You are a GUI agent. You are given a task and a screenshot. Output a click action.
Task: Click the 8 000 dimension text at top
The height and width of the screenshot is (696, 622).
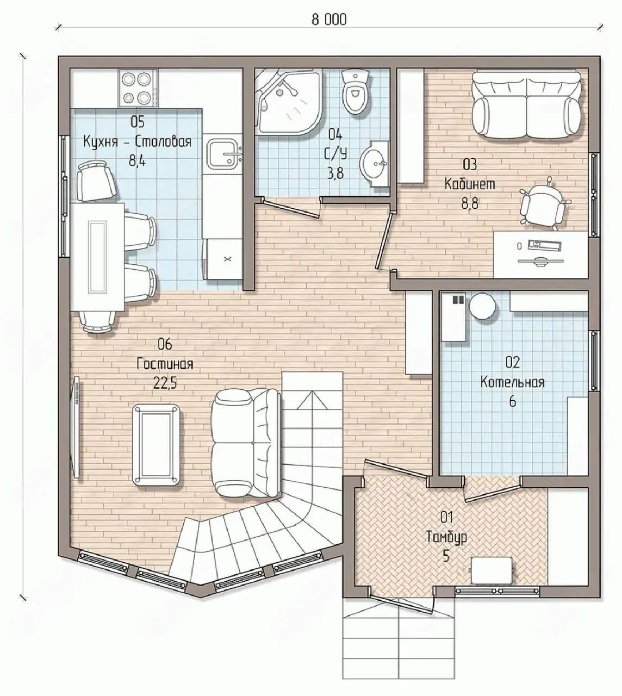pyautogui.click(x=329, y=20)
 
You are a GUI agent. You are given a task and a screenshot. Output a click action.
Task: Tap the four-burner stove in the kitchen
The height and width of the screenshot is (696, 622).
pyautogui.click(x=139, y=88)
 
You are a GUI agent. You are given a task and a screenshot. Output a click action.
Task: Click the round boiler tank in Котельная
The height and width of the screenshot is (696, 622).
pyautogui.click(x=483, y=307)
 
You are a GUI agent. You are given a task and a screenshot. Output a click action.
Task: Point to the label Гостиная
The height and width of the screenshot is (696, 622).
pyautogui.click(x=165, y=364)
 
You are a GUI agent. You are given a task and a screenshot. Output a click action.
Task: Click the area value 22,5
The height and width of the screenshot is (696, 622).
pyautogui.click(x=165, y=383)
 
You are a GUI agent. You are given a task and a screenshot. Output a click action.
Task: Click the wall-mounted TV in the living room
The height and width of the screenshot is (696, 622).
pyautogui.click(x=76, y=427)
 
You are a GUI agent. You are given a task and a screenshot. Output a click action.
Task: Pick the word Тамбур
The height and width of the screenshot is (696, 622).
pyautogui.click(x=446, y=537)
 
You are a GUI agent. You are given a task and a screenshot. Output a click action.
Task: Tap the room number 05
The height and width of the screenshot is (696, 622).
pyautogui.click(x=138, y=122)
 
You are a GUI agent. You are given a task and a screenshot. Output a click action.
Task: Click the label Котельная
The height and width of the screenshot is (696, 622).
pyautogui.click(x=512, y=382)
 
